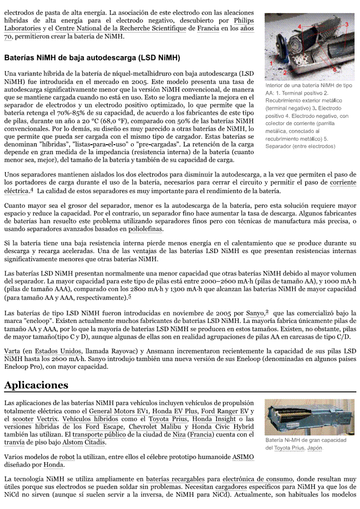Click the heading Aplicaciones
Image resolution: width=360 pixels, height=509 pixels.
(36, 385)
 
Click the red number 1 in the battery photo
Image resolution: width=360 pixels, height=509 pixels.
(271, 63)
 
